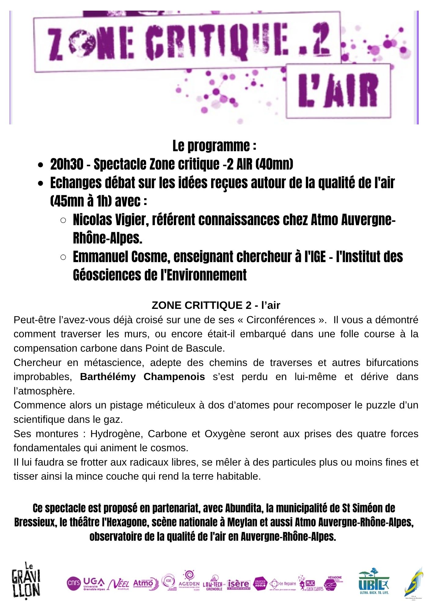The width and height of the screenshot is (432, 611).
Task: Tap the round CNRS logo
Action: [x=73, y=583]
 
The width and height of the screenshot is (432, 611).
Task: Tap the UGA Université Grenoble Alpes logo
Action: [x=94, y=584]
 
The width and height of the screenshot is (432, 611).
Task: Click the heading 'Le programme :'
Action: [x=214, y=146]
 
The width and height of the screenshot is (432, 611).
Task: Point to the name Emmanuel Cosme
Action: [x=121, y=257]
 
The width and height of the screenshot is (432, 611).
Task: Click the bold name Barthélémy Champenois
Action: [x=142, y=377]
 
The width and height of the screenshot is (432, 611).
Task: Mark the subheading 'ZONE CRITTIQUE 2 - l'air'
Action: [x=216, y=305]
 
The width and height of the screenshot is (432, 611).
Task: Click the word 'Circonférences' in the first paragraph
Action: [x=281, y=320]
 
